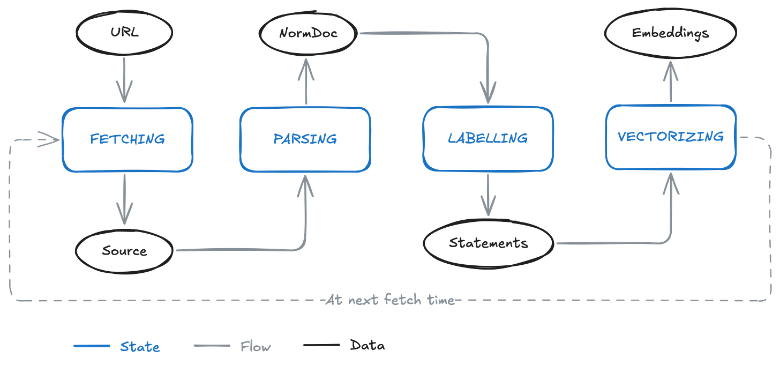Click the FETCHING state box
click(x=127, y=139)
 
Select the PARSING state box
click(x=305, y=139)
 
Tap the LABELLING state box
click(x=487, y=138)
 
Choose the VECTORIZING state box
click(x=671, y=137)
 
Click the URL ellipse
click(x=124, y=32)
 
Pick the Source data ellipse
click(x=124, y=251)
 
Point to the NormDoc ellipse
click(x=308, y=33)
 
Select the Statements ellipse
click(x=488, y=243)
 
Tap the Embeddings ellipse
click(x=670, y=33)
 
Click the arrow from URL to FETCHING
click(x=124, y=80)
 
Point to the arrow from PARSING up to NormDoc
click(x=307, y=80)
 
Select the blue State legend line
click(x=92, y=346)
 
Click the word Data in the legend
click(x=367, y=346)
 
